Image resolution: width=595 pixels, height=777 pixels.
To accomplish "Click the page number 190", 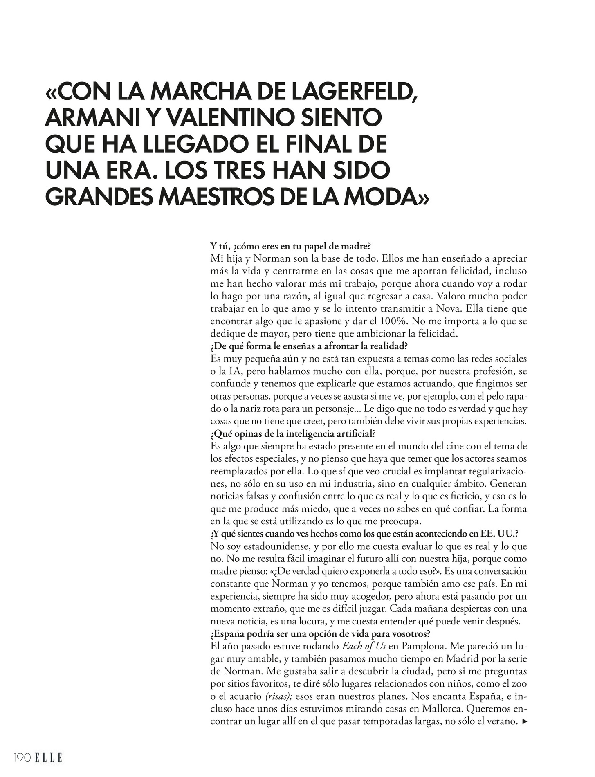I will pos(22,758).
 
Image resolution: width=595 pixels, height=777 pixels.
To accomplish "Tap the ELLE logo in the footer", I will pos(48,758).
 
